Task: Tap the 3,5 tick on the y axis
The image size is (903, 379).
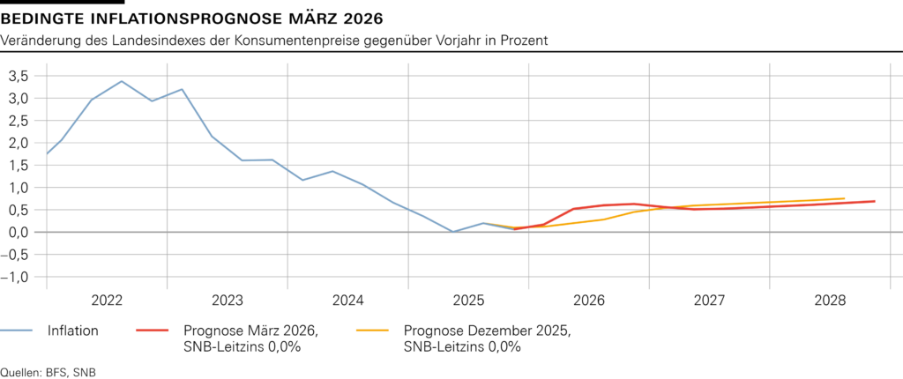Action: pos(19,76)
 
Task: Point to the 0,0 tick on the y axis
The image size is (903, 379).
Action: pos(19,232)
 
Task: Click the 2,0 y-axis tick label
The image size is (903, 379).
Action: pos(19,143)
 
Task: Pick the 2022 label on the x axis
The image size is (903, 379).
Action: pos(107,300)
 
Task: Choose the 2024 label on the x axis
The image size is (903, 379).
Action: pos(347,300)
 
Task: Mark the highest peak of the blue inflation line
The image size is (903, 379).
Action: pos(122,81)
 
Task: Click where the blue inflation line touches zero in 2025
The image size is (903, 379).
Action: pos(452,232)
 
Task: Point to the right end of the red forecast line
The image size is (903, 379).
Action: pos(874,201)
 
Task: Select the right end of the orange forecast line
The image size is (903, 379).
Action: pos(844,198)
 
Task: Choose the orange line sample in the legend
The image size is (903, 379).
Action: pos(372,331)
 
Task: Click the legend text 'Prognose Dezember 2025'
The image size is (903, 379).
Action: pos(486,331)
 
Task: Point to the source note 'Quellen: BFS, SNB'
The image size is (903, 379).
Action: pos(48,372)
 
